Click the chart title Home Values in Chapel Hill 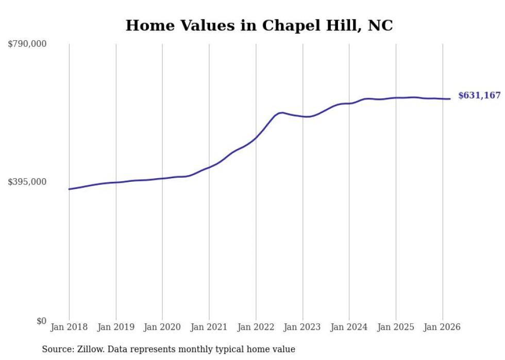point(259,25)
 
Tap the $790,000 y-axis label point(27,44)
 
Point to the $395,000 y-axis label point(27,182)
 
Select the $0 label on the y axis point(41,321)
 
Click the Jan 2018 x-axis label point(69,327)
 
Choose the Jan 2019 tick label point(116,327)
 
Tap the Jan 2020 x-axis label point(162,327)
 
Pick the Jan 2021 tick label point(209,327)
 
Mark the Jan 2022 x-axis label point(256,327)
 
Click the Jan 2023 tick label point(302,327)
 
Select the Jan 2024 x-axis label point(349,327)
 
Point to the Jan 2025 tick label point(396,327)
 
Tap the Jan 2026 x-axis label point(442,327)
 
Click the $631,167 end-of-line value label point(479,95)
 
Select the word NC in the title point(380,25)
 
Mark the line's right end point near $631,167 point(450,99)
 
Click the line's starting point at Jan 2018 point(69,189)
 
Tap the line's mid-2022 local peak point(281,112)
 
